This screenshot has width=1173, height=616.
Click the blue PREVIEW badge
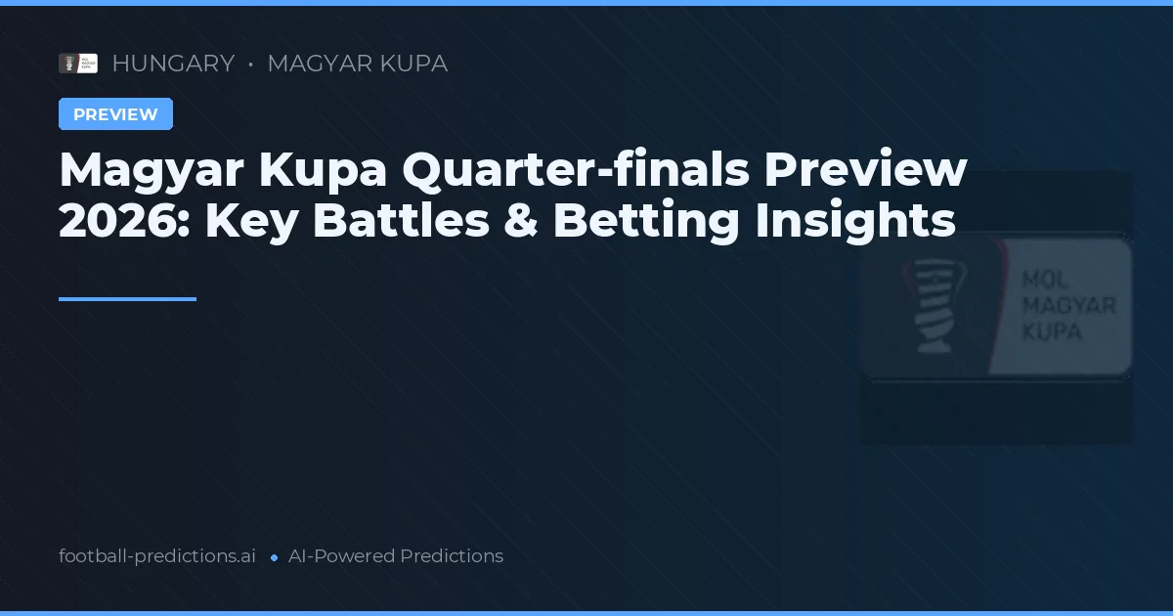[x=115, y=114]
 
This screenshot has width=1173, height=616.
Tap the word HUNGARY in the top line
[x=173, y=64]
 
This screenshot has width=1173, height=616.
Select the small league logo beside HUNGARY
[x=78, y=64]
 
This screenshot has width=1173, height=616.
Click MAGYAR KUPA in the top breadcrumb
[x=357, y=64]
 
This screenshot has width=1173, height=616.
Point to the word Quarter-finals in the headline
[x=576, y=170]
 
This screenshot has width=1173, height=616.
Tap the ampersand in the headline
[x=521, y=221]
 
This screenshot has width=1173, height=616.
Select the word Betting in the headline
[x=646, y=221]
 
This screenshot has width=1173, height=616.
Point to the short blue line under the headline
[x=127, y=299]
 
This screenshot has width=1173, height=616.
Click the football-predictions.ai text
[x=157, y=556]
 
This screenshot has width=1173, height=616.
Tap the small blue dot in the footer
[x=274, y=557]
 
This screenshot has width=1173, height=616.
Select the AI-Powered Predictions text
[x=396, y=556]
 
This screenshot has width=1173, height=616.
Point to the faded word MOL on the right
[x=1043, y=281]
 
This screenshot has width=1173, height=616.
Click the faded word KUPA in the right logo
[x=1051, y=331]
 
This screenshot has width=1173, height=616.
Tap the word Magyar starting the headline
[x=151, y=170]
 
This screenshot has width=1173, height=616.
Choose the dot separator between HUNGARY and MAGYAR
[x=251, y=65]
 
